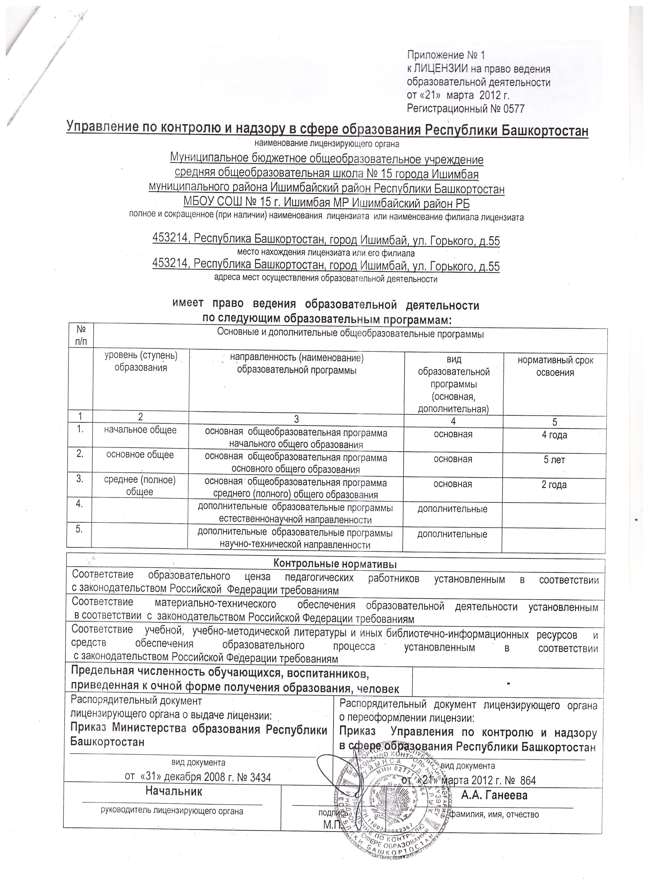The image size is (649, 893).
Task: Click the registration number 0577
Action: click(513, 109)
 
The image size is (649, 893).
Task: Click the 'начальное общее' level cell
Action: click(140, 430)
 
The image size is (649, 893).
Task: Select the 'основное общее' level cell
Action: click(140, 455)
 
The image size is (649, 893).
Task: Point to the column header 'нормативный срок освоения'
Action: click(555, 366)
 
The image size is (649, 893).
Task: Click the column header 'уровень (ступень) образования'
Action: click(140, 362)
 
